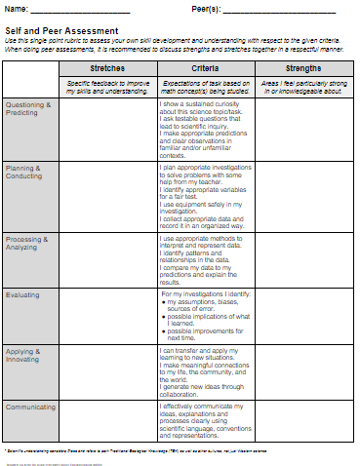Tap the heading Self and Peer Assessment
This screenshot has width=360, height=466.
61,31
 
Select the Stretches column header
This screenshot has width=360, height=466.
106,70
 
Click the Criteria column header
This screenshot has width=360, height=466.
205,70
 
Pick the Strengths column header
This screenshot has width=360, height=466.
303,70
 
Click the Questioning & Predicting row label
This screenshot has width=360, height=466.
29,107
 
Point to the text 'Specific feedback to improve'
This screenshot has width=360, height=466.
106,85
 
